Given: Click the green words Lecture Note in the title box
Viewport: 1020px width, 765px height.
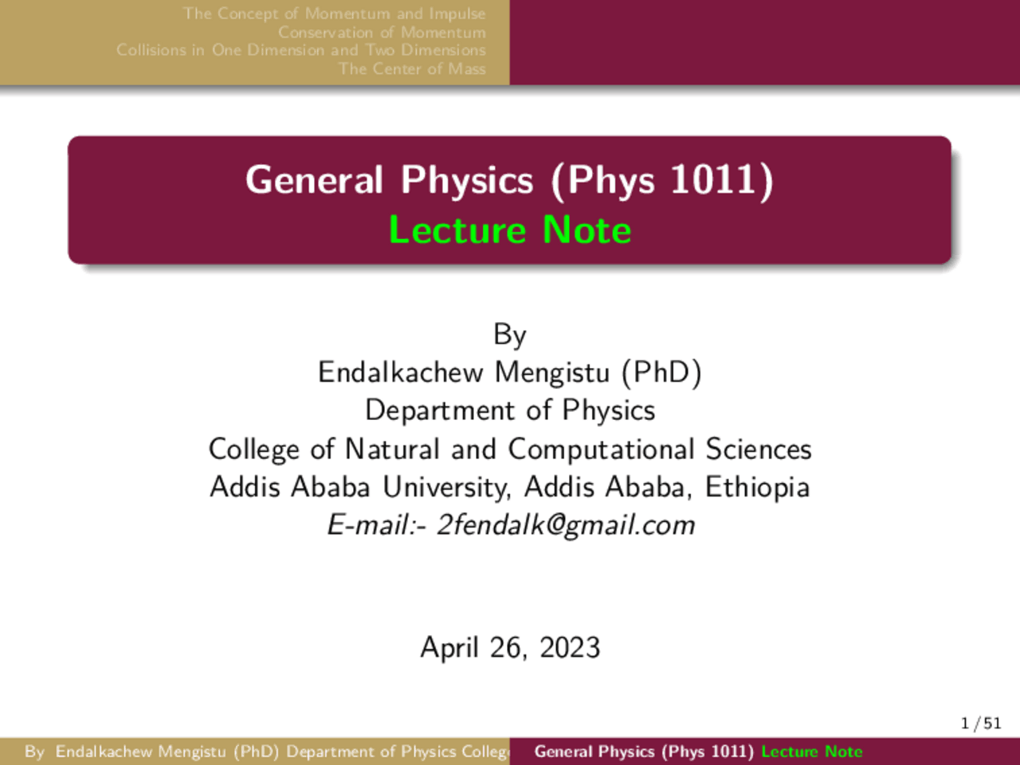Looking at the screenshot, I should coord(510,230).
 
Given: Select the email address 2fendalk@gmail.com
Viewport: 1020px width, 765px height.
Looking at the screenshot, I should coord(566,525).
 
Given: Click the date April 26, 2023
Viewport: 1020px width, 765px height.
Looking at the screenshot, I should coord(510,647).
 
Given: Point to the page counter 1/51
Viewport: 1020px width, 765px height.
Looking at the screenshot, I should coord(981,724).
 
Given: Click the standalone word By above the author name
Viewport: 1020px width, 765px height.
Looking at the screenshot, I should coord(510,335).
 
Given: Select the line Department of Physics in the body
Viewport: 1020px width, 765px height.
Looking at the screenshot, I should coord(510,410).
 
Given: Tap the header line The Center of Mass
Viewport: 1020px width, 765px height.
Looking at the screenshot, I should coord(412,69).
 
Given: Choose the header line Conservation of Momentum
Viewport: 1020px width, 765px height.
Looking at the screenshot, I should coord(382,33).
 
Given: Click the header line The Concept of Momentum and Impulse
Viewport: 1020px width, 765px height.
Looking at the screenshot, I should coord(334,14).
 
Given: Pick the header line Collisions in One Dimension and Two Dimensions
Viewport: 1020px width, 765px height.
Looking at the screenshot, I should coord(300,50).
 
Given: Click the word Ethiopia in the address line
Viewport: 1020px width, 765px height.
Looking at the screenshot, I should coord(757,487).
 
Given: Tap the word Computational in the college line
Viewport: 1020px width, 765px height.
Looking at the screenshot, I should coord(602,449).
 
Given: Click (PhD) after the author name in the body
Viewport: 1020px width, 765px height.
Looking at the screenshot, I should coord(662,372).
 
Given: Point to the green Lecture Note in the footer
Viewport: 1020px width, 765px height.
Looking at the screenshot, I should coord(811,751).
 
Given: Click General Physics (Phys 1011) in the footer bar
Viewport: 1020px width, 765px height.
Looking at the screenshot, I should coord(644,751).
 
